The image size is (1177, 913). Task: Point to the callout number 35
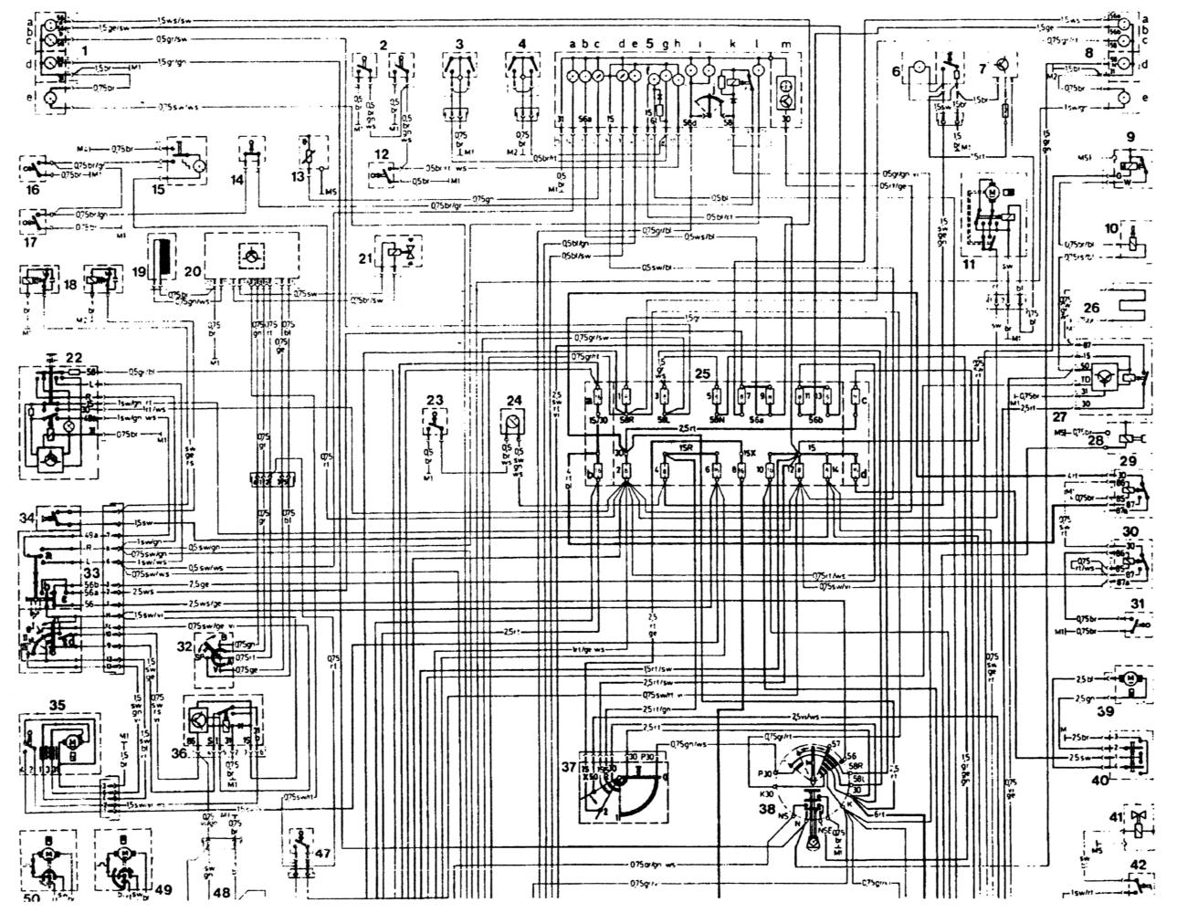[58, 704]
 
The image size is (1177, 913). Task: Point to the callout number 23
[435, 399]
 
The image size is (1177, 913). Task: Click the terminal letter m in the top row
[786, 44]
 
